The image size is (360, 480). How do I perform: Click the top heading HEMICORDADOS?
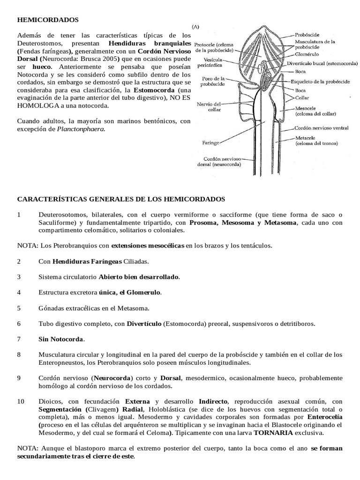48,20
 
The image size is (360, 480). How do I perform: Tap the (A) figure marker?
195,27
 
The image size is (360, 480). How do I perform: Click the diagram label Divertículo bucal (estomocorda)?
328,63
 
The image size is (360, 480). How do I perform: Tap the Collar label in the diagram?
302,98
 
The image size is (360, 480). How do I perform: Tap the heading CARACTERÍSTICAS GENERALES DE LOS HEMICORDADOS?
121,199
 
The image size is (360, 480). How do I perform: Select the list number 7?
19,338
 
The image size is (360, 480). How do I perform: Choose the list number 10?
21,402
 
